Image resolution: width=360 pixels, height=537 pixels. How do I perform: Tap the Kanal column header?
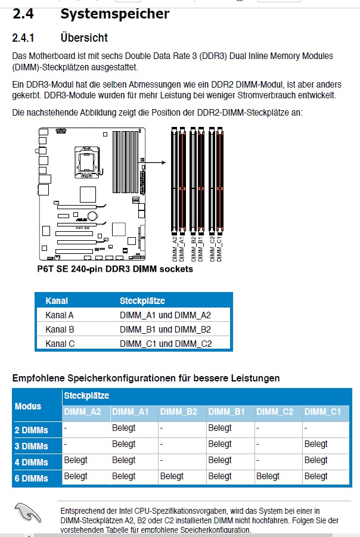(x=57, y=301)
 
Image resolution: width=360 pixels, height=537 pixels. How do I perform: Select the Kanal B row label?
(x=60, y=329)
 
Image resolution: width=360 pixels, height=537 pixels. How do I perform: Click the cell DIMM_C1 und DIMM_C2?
(x=166, y=343)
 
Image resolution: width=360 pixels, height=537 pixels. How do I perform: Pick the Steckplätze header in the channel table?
(x=142, y=301)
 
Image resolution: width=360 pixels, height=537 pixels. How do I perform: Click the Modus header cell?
(x=28, y=406)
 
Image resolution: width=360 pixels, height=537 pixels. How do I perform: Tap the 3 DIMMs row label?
(x=31, y=446)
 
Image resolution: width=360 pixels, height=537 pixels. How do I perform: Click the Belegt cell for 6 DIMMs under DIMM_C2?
(x=268, y=476)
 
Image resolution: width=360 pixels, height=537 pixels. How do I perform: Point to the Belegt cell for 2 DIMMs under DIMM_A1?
(x=124, y=428)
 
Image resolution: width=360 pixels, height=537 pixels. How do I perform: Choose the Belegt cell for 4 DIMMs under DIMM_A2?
(x=76, y=460)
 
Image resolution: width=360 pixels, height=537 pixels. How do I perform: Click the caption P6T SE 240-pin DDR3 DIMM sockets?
(x=115, y=269)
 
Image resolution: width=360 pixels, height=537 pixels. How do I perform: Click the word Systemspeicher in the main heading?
(x=114, y=13)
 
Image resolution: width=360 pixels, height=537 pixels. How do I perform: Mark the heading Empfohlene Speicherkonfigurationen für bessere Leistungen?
(x=146, y=378)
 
